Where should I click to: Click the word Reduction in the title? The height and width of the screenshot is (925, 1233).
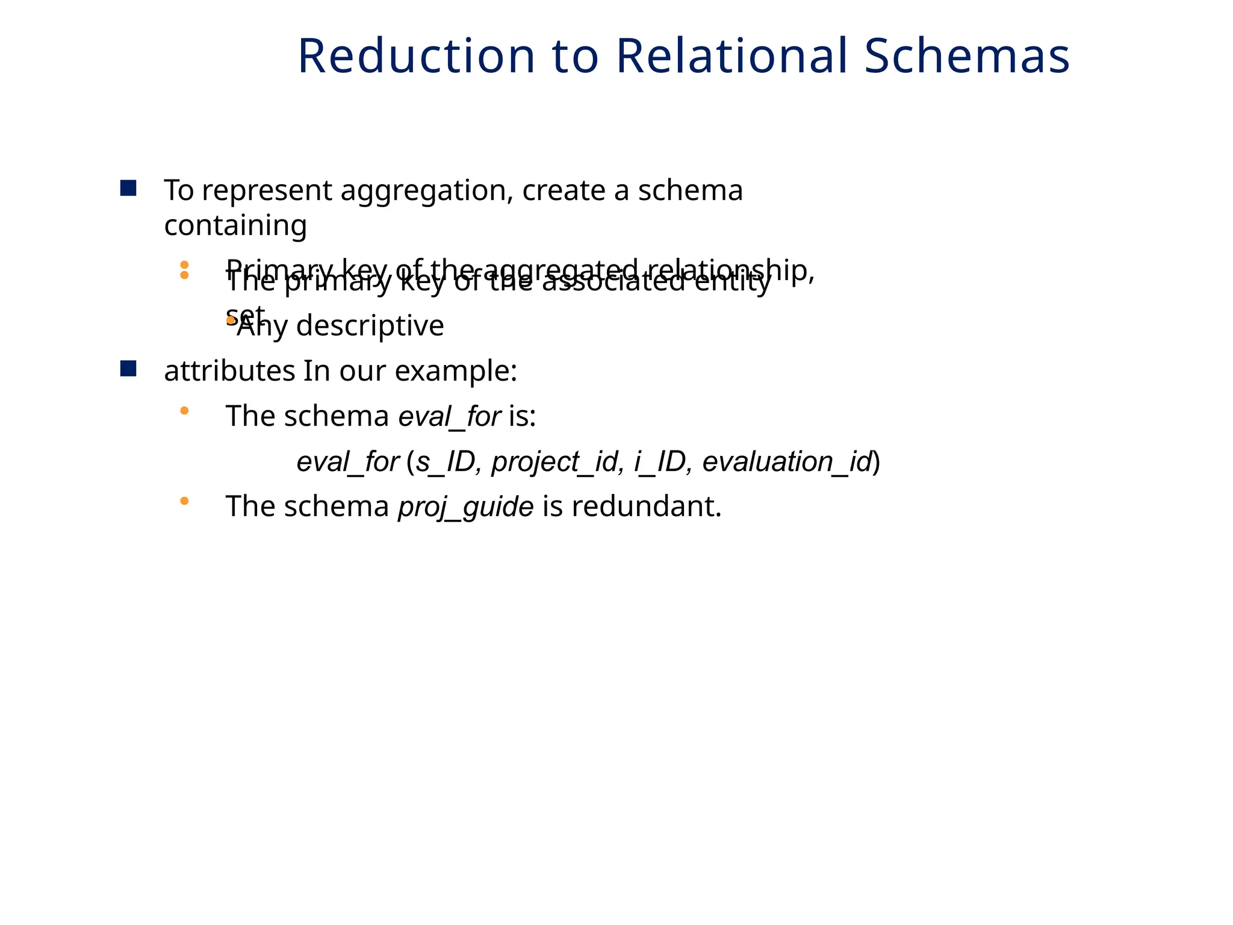[x=416, y=56]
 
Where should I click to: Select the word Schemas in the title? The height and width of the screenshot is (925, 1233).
[x=967, y=56]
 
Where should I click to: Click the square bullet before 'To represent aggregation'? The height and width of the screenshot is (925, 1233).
[x=128, y=188]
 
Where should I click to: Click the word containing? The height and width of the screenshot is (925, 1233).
[x=235, y=226]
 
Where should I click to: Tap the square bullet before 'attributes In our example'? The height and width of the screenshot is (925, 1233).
[x=128, y=369]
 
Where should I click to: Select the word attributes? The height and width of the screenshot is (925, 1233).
[x=229, y=371]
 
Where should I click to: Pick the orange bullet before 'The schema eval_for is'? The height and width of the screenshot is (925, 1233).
[x=184, y=411]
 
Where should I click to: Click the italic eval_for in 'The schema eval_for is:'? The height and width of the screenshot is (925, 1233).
[x=450, y=416]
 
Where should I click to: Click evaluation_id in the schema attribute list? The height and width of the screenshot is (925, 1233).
[x=787, y=462]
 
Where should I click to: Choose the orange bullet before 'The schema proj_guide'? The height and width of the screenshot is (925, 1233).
[x=184, y=500]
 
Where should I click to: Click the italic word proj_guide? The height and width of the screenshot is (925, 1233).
[x=465, y=506]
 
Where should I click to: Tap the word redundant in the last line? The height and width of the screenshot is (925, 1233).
[x=646, y=506]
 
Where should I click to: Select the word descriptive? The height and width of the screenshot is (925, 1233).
[x=370, y=326]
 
